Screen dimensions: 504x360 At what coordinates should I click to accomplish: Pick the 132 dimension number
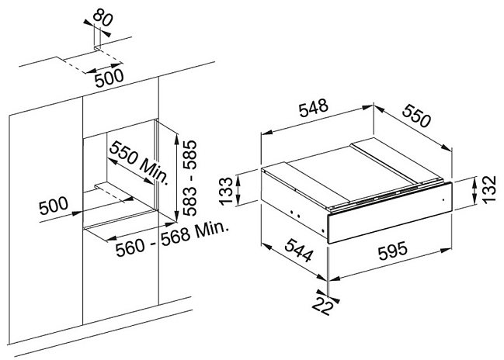tap(492, 189)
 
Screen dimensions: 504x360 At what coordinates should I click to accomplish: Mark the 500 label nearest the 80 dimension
tap(109, 78)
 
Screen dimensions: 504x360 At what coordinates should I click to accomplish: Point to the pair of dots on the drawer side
tap(295, 213)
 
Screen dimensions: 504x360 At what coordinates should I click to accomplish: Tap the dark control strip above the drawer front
tap(389, 196)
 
